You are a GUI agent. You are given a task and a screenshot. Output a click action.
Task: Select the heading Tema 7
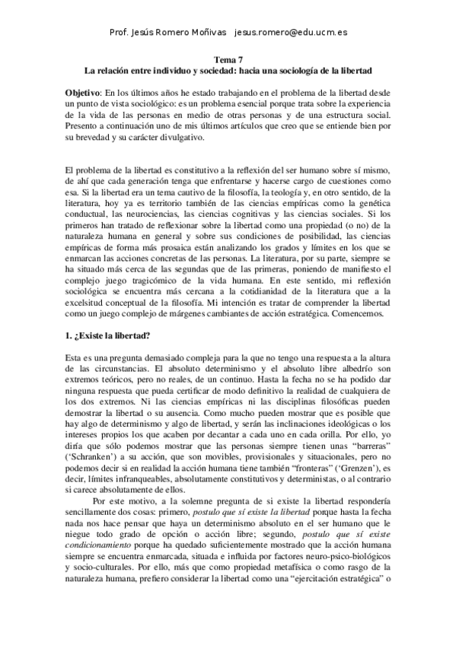(228, 59)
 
